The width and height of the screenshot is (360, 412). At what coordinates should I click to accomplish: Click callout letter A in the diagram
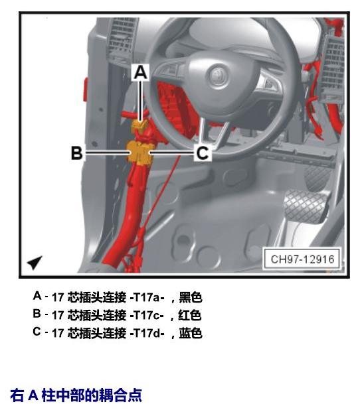tap(141, 72)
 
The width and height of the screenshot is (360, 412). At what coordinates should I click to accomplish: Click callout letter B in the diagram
tap(77, 153)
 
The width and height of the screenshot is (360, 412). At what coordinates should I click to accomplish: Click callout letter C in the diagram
tap(202, 153)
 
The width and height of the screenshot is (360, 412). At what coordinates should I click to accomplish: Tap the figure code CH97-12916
tap(302, 259)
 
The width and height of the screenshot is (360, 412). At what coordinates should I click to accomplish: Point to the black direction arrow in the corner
tap(35, 262)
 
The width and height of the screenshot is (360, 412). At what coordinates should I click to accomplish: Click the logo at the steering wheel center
tap(218, 74)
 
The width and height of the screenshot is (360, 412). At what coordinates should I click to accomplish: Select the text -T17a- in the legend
tap(147, 297)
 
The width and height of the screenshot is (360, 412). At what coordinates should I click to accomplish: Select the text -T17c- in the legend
tap(147, 315)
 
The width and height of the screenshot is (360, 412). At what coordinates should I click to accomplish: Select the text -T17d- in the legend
tap(147, 333)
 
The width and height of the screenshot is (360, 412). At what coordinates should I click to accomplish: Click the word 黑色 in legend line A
tap(191, 297)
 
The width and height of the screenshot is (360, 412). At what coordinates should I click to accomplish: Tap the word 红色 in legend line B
tap(190, 315)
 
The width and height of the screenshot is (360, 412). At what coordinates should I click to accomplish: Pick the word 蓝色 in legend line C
tap(191, 333)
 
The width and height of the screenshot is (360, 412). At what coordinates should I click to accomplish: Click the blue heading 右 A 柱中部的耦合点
tap(76, 395)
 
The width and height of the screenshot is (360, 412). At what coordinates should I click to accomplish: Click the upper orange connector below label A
tap(139, 125)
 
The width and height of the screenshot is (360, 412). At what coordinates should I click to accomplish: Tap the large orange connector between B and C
tap(139, 153)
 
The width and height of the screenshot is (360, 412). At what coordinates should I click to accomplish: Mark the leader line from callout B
tap(107, 153)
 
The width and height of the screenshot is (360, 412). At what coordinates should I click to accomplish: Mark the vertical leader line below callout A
tap(141, 101)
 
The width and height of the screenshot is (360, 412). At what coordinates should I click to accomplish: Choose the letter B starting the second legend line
tap(37, 314)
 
